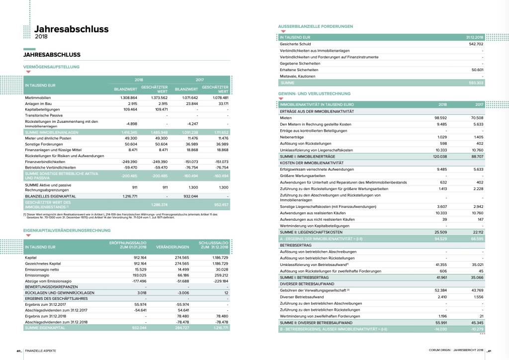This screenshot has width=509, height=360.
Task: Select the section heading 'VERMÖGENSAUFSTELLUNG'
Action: point(52,67)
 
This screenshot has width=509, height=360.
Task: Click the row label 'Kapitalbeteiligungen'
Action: point(42,109)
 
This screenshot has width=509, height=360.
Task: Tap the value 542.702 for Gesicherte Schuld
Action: point(475,44)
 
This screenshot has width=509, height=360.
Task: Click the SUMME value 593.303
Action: point(475,83)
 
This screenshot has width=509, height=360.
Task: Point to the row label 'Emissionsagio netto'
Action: point(42,270)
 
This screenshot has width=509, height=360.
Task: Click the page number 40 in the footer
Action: point(18,351)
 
